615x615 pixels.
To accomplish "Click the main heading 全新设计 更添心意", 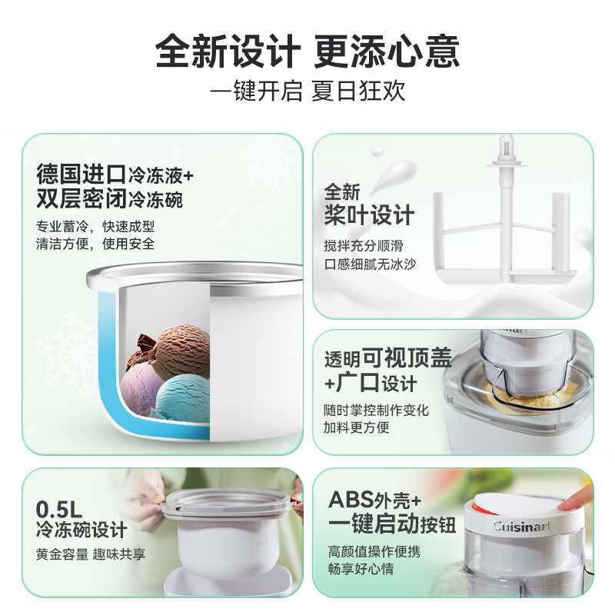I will [307, 52].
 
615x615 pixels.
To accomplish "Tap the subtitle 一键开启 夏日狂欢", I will [307, 91].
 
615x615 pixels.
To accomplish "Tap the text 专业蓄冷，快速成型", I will [95, 228].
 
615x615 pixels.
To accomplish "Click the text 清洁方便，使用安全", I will [95, 244].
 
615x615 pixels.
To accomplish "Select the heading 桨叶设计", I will [369, 214].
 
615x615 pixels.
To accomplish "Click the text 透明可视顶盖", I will [387, 359].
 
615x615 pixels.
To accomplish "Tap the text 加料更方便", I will [357, 427].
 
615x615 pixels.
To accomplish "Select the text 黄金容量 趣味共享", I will [91, 553].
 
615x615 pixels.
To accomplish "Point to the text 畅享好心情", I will [364, 570].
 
